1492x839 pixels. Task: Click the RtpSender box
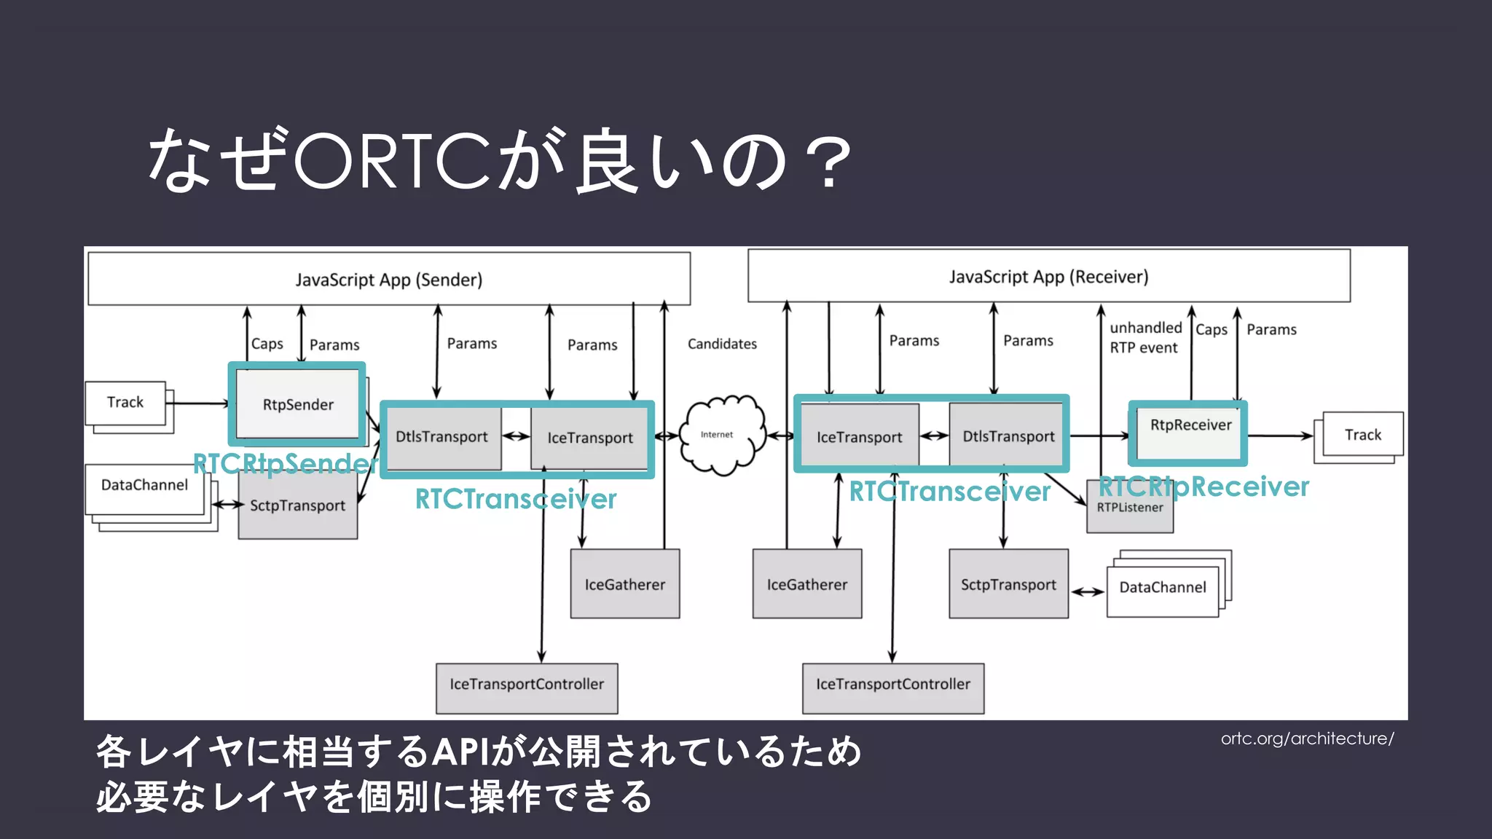coord(297,404)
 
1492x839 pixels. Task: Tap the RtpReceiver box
coord(1190,433)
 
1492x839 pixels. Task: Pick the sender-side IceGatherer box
coord(624,584)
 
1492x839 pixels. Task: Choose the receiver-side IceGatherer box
coord(806,584)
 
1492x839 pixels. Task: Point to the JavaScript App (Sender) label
coord(388,280)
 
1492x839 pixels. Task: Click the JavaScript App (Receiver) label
coord(1048,277)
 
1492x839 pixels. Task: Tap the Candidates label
coord(722,344)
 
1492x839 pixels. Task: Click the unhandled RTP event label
coord(1144,338)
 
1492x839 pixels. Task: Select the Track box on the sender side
coord(125,403)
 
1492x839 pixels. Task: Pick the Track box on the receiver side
coord(1362,435)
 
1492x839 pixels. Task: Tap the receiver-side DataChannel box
coord(1162,588)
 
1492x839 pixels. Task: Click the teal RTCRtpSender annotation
coord(284,464)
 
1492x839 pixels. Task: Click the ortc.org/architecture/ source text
coord(1307,738)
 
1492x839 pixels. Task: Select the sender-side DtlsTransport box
coord(441,437)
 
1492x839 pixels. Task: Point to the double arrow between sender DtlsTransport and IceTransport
coord(516,436)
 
